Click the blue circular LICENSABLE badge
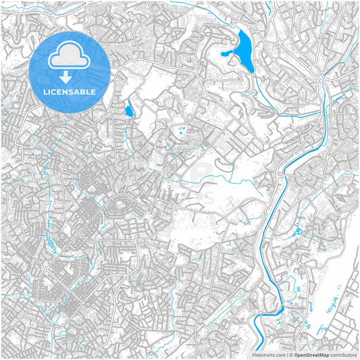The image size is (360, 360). (x=70, y=72)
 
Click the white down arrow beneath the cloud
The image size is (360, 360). (x=70, y=77)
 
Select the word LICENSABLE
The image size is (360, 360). (x=70, y=91)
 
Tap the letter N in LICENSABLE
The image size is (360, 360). (x=63, y=91)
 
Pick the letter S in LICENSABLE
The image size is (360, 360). (x=69, y=91)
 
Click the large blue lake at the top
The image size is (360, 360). (x=245, y=51)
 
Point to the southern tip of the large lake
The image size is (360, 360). (x=251, y=72)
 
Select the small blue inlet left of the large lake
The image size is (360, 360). (x=225, y=52)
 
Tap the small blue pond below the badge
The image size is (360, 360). (x=129, y=109)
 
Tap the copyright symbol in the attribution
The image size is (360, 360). (x=290, y=354)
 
